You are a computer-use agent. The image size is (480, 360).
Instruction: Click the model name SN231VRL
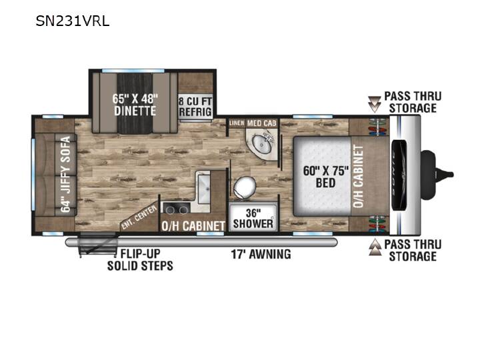[x=73, y=21]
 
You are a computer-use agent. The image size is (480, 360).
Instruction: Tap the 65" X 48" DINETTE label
[x=135, y=105]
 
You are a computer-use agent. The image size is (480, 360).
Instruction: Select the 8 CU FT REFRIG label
[x=195, y=107]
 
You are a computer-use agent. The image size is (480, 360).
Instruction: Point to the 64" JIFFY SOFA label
[x=66, y=174]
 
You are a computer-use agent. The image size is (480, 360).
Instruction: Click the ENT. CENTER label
[x=139, y=217]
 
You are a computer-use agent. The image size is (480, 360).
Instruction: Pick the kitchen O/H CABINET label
[x=193, y=226]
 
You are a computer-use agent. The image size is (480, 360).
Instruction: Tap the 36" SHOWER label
[x=253, y=218]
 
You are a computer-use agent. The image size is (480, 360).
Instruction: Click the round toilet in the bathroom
[x=245, y=187]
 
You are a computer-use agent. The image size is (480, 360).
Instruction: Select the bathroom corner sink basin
[x=262, y=143]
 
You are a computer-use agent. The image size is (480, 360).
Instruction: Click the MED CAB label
[x=262, y=123]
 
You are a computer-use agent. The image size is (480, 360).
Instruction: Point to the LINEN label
[x=237, y=123]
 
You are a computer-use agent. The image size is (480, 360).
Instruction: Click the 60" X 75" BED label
[x=326, y=177]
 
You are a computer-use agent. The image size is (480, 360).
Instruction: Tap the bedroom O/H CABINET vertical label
[x=359, y=176]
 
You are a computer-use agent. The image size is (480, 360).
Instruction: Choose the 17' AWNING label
[x=261, y=254]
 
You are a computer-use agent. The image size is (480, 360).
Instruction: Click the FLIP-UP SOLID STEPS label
[x=140, y=259]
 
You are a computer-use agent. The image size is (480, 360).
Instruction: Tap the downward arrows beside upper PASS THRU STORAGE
[x=374, y=104]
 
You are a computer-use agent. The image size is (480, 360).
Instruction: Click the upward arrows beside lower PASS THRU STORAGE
[x=375, y=247]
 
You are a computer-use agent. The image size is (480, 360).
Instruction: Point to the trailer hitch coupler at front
[x=437, y=175]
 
